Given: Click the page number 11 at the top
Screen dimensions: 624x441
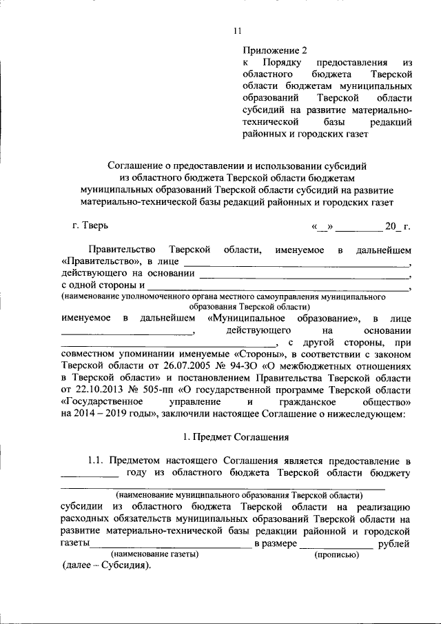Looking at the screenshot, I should pyautogui.click(x=238, y=31).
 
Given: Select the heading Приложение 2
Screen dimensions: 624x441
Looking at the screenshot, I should pyautogui.click(x=274, y=50).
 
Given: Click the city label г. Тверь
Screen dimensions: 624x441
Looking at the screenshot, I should pyautogui.click(x=90, y=225).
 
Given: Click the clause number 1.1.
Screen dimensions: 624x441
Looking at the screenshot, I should pyautogui.click(x=98, y=461).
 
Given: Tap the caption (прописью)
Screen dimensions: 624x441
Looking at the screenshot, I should pyautogui.click(x=336, y=554).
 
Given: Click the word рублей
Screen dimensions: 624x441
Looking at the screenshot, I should pyautogui.click(x=395, y=543).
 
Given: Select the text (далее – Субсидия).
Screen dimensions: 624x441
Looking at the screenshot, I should pyautogui.click(x=106, y=566).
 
